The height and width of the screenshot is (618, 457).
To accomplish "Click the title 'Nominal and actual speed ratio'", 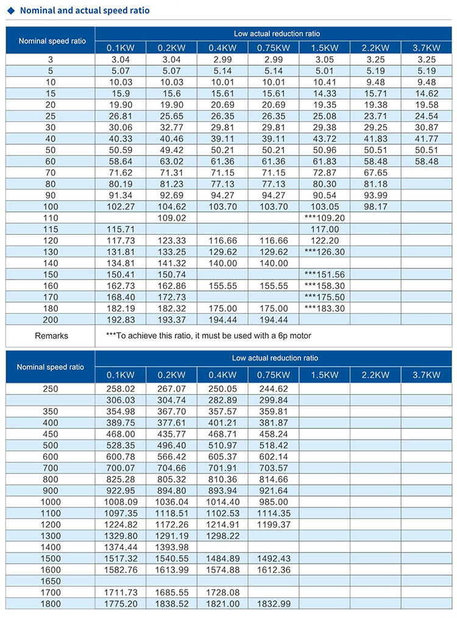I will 84,10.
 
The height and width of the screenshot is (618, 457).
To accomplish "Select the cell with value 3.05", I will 324,59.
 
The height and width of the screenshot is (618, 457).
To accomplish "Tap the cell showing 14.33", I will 324,93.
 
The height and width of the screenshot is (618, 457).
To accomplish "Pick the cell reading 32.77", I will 171,127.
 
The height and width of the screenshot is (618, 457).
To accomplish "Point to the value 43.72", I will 324,138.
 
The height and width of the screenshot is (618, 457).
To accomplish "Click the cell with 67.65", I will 375,173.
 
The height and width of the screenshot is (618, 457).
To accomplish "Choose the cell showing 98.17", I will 375,207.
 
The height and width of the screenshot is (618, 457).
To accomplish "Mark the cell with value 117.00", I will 324,229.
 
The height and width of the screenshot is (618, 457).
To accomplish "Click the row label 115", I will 51,229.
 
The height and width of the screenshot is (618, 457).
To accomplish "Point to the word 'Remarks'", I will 51,336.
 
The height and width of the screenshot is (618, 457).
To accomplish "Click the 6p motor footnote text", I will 208,336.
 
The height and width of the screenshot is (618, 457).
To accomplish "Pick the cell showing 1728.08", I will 222,592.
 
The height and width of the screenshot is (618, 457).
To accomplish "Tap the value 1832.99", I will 274,604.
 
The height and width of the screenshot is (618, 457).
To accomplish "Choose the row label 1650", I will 51,581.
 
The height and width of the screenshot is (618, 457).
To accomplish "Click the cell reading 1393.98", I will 171,547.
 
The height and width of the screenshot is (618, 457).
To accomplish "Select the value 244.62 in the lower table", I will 274,388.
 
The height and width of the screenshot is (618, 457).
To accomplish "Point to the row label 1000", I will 51,501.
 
